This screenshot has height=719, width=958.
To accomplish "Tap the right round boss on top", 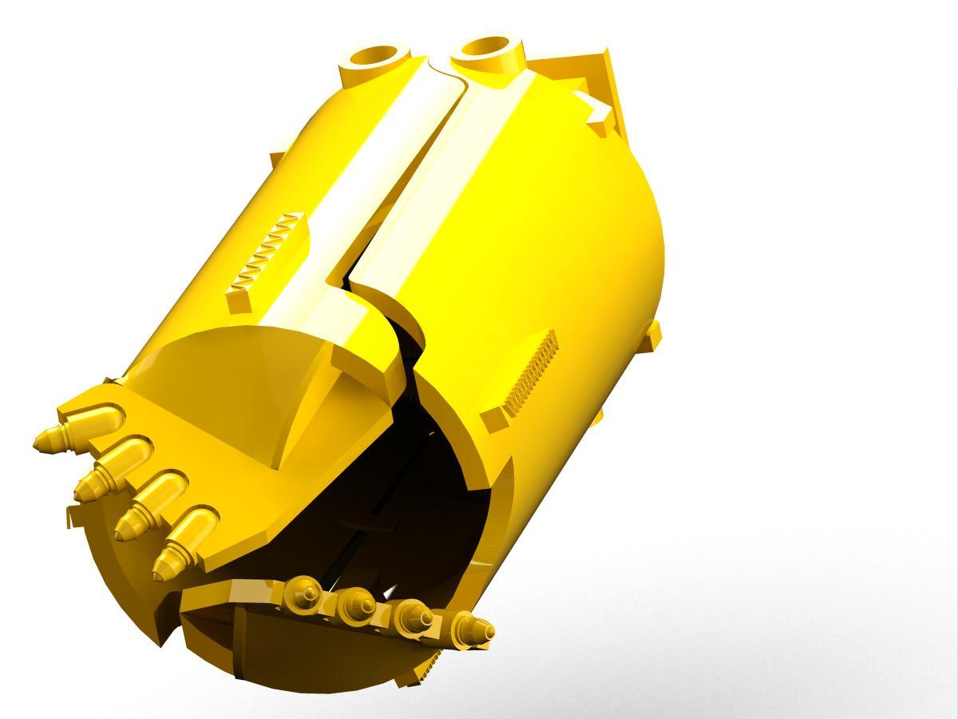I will pos(488,50).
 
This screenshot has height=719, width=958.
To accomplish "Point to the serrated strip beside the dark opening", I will pos(528,375).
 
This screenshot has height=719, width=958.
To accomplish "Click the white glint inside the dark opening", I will pos(390,592).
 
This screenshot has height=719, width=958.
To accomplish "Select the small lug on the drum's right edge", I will pos(654,335).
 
